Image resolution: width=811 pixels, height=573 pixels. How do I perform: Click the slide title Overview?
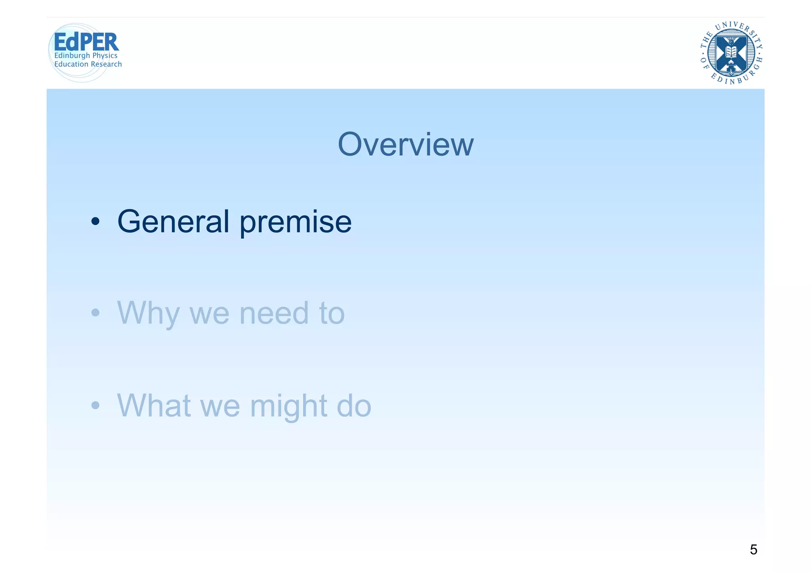click(x=405, y=145)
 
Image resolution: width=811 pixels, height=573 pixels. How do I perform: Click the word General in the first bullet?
click(x=173, y=221)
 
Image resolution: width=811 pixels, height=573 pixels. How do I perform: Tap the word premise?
click(x=295, y=222)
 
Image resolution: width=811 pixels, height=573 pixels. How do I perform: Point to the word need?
click(x=274, y=313)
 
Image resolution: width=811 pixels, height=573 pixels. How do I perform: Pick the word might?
click(x=288, y=406)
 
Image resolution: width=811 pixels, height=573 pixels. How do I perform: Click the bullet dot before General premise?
click(x=95, y=221)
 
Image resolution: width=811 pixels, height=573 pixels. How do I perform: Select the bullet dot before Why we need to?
click(x=95, y=313)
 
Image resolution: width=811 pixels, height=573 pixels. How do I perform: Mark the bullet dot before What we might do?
click(x=95, y=405)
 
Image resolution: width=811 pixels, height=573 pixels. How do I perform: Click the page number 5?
click(x=753, y=550)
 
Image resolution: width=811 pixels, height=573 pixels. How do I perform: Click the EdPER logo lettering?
click(x=86, y=42)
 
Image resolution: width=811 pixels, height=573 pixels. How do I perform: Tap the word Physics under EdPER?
click(x=105, y=55)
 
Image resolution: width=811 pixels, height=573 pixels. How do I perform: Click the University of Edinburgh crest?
click(x=731, y=53)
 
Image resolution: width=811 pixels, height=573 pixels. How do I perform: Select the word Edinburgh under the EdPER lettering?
click(x=72, y=55)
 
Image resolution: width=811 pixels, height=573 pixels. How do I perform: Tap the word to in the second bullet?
click(x=332, y=313)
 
